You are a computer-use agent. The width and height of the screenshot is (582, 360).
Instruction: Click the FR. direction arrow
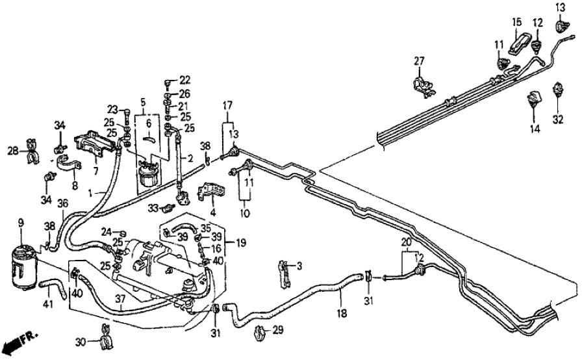pyautogui.click(x=18, y=341)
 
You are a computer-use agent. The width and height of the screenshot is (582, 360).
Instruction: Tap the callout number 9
pyautogui.click(x=20, y=223)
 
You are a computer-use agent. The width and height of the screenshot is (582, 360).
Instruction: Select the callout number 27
pyautogui.click(x=419, y=61)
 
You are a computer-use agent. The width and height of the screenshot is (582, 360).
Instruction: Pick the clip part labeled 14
pyautogui.click(x=533, y=99)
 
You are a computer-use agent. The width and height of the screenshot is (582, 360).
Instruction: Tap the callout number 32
pyautogui.click(x=557, y=120)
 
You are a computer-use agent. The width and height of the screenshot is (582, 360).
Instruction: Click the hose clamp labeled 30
pyautogui.click(x=104, y=337)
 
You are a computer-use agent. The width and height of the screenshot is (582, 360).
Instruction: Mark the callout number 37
pyautogui.click(x=120, y=298)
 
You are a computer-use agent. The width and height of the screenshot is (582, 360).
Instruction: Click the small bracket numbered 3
pyautogui.click(x=284, y=274)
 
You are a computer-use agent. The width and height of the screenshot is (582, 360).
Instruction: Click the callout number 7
pyautogui.click(x=96, y=172)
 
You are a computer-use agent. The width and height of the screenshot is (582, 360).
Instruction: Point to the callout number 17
pyautogui.click(x=227, y=105)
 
